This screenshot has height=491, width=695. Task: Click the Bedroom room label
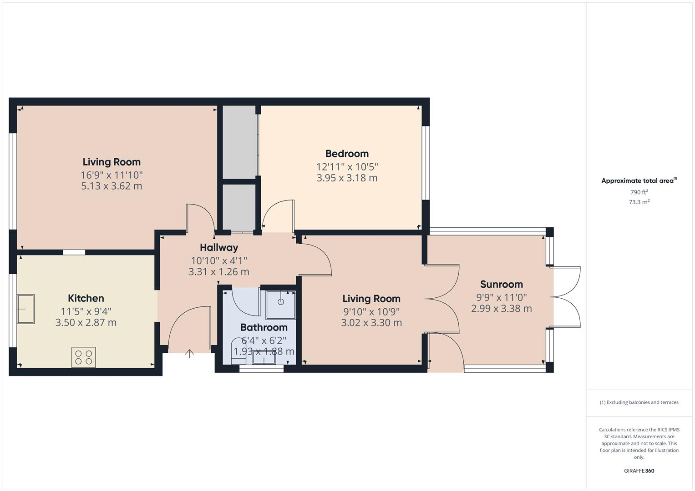pyautogui.click(x=347, y=154)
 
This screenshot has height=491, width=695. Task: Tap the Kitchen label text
pyautogui.click(x=86, y=298)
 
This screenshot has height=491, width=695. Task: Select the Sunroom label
pyautogui.click(x=502, y=284)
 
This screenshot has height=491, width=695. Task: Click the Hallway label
pyautogui.click(x=219, y=247)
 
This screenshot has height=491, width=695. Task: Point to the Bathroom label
pyautogui.click(x=264, y=327)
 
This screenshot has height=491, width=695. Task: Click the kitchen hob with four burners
pyautogui.click(x=84, y=357)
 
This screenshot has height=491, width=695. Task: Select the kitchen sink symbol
pyautogui.click(x=26, y=309)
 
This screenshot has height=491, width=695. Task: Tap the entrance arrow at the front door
pyautogui.click(x=189, y=353)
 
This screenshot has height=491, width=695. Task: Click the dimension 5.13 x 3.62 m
pyautogui.click(x=112, y=186)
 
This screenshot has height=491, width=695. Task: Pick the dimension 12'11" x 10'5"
pyautogui.click(x=347, y=167)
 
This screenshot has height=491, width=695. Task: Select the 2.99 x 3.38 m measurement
pyautogui.click(x=502, y=308)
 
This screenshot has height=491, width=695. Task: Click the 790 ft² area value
pyautogui.click(x=639, y=192)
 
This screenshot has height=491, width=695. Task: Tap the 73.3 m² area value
pyautogui.click(x=639, y=202)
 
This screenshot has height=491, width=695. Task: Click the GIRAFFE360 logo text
pyautogui.click(x=639, y=471)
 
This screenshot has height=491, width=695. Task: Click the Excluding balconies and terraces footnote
pyautogui.click(x=639, y=402)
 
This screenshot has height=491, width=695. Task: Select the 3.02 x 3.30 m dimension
pyautogui.click(x=371, y=323)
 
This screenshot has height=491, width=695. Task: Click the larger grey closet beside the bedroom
pyautogui.click(x=239, y=142)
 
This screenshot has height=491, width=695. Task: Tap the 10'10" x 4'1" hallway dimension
pyautogui.click(x=219, y=261)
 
